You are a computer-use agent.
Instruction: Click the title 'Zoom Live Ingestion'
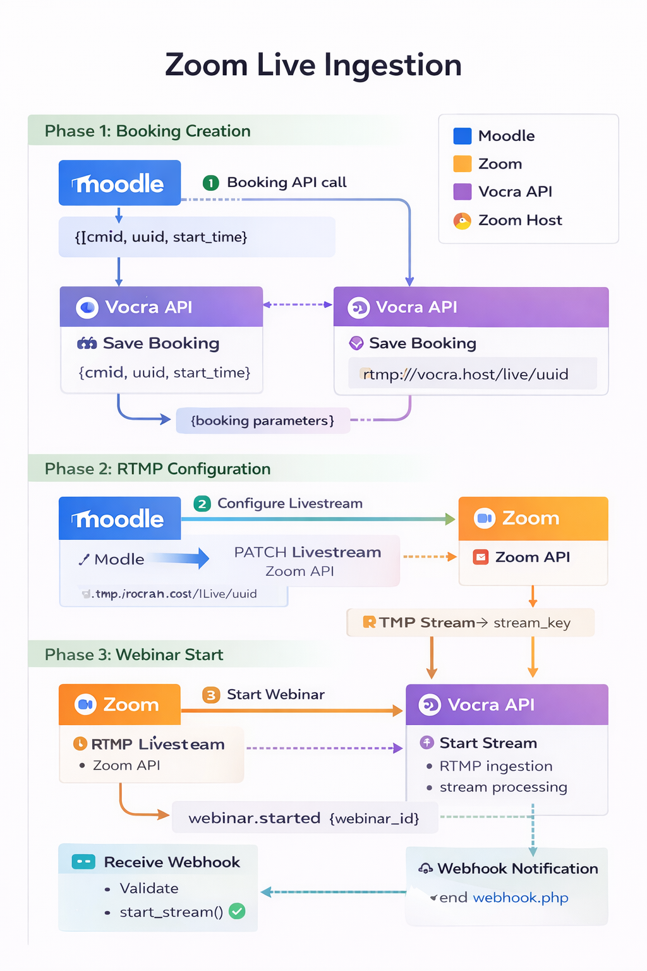(313, 65)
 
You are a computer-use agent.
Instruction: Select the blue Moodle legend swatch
(463, 136)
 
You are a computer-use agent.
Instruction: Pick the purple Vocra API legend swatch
(463, 192)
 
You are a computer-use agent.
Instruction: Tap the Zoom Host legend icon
(463, 221)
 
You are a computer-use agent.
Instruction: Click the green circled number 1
(210, 183)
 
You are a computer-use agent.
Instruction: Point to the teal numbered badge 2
(202, 504)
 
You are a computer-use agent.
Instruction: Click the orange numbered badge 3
(211, 695)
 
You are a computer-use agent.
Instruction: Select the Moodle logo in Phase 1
(119, 183)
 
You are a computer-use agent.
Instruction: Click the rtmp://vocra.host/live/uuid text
(466, 374)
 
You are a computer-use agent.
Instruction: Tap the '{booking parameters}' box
(262, 421)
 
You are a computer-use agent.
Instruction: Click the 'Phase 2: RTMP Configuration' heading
(157, 469)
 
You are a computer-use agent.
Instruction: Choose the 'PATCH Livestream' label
(307, 553)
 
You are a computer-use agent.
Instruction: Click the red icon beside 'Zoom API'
(481, 557)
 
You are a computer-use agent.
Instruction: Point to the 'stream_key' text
(532, 623)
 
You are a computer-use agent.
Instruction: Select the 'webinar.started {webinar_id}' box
(304, 819)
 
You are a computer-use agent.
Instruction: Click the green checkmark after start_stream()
(237, 912)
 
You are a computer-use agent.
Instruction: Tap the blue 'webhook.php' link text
(521, 898)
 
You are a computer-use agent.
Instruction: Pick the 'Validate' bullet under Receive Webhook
(149, 889)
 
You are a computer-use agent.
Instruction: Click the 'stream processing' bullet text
(503, 788)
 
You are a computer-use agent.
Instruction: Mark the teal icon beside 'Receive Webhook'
(83, 862)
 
